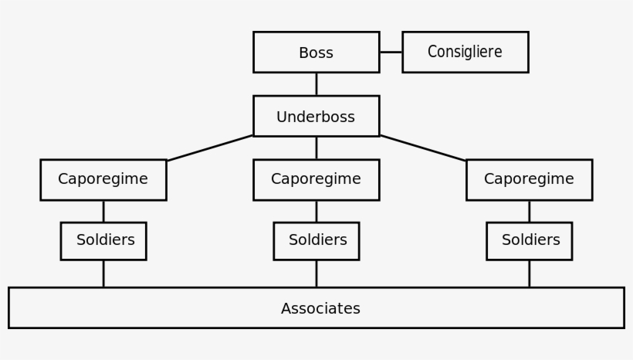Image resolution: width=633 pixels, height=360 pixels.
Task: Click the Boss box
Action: [x=316, y=53]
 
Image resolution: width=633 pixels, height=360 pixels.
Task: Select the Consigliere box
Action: [x=465, y=53]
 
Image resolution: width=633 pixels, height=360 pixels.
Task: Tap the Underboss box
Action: [x=316, y=117]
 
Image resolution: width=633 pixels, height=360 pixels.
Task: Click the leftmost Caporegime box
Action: [x=103, y=179]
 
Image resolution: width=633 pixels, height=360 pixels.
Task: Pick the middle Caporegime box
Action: [x=316, y=179]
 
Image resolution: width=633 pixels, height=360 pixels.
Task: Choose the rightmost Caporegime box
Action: [x=529, y=179]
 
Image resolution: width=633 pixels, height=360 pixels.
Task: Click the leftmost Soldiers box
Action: [x=103, y=240]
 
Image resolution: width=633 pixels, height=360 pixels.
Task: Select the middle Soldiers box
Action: [x=316, y=240]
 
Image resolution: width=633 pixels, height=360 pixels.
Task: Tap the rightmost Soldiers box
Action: [x=529, y=240]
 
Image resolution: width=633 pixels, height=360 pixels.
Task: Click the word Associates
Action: [x=320, y=308]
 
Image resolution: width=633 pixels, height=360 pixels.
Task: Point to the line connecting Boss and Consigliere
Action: [x=391, y=53]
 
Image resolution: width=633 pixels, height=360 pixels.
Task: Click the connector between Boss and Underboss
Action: [x=316, y=84]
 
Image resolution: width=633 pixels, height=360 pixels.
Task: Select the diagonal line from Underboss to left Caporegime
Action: [x=210, y=148]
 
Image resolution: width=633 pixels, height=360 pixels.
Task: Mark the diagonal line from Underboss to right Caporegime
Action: [x=423, y=148]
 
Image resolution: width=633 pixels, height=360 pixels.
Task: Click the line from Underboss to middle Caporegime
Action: [x=316, y=148]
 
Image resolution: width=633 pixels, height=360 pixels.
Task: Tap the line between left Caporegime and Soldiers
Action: [x=103, y=211]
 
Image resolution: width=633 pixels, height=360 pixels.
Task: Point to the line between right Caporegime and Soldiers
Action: [x=529, y=211]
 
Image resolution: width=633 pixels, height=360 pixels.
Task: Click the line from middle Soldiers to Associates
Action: [x=316, y=273]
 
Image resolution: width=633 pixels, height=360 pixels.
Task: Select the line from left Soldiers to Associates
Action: [x=103, y=273]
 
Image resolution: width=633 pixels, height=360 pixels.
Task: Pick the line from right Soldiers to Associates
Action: [x=529, y=273]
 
